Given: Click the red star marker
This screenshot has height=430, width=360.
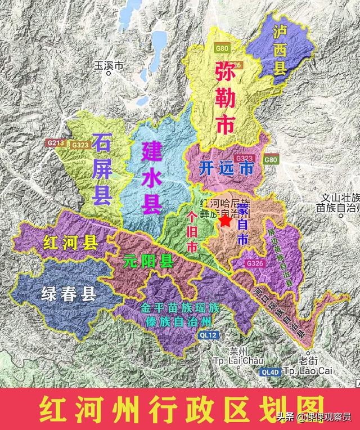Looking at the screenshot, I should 225,221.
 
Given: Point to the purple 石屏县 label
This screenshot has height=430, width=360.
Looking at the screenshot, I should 102,168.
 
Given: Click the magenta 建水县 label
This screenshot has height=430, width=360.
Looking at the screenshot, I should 150,178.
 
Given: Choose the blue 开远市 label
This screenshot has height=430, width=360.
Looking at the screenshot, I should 227,168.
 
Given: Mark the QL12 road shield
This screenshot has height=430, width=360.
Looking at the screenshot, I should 208,335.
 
